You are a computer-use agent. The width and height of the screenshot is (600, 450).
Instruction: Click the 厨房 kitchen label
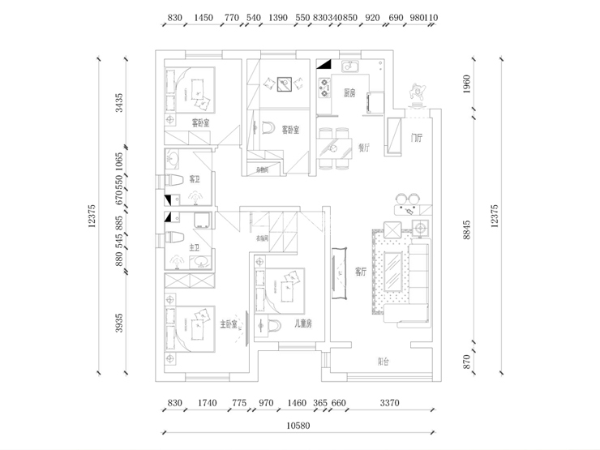tap(349, 92)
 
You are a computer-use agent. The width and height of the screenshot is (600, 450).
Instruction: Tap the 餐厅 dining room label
tap(363, 148)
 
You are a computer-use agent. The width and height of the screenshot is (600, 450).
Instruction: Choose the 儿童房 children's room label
tap(303, 324)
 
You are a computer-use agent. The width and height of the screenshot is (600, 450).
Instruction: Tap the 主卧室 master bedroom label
tap(229, 324)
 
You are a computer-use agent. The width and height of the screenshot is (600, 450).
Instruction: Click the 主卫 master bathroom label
tap(195, 248)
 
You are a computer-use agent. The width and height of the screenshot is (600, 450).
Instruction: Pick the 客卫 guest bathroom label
tap(195, 178)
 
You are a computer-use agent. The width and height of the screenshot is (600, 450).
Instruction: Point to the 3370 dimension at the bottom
tap(390, 403)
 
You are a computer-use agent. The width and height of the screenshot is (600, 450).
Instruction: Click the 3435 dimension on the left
tap(119, 103)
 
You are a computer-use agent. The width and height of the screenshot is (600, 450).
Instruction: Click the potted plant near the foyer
tap(418, 92)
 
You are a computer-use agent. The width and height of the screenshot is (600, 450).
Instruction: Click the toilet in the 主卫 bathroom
tap(173, 238)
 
